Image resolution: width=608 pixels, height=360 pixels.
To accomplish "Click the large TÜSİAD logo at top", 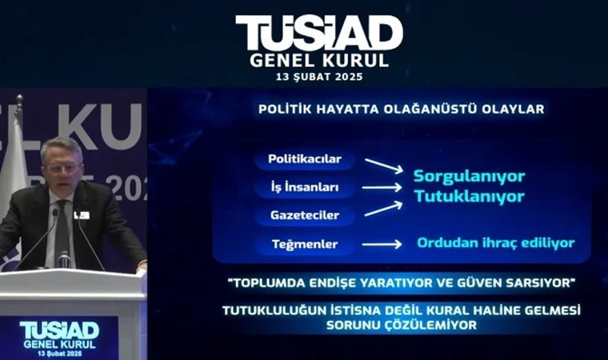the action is (319, 34).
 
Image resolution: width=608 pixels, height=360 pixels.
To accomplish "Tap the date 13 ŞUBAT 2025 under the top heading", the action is (319, 77).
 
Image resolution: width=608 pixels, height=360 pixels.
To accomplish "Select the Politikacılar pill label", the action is (305, 159).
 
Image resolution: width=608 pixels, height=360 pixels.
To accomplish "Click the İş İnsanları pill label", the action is (305, 187).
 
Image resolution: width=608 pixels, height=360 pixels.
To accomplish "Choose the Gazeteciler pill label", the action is (305, 215).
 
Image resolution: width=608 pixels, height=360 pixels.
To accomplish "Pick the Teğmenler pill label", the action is (305, 244).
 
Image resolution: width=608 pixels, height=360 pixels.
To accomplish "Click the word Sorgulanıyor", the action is (469, 177).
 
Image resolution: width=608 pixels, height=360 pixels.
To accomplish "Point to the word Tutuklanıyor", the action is (469, 196).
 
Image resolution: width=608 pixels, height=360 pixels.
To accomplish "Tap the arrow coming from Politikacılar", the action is (384, 166).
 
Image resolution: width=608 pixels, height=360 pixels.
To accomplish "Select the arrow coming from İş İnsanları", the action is (382, 188).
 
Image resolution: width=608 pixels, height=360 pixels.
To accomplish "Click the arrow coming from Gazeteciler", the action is (383, 209).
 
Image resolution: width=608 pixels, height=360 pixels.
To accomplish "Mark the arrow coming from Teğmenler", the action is (382, 244).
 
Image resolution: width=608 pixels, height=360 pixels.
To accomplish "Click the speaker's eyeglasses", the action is (62, 168).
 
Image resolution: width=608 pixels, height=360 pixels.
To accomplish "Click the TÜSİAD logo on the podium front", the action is (59, 330).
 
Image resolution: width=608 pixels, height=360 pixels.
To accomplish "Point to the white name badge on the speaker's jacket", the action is (82, 215).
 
